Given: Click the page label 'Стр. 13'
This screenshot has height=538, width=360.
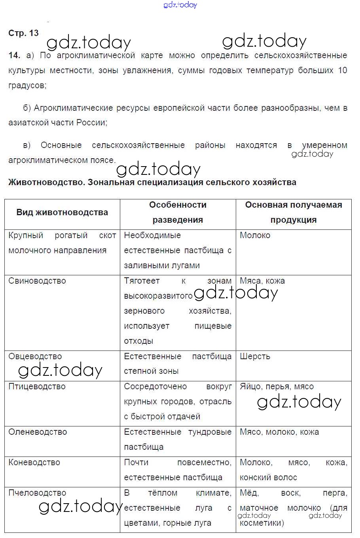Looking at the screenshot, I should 23,33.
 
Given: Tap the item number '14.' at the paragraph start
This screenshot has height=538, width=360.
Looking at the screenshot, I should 14,55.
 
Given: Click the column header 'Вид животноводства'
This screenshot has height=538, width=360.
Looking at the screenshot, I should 62,212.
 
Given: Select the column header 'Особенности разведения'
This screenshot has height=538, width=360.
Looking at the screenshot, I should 178,212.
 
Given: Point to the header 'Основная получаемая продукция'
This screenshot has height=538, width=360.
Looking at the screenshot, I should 294,212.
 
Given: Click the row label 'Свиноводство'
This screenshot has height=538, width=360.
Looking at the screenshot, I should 37,281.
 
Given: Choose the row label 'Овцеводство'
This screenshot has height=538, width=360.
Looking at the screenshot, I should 35,356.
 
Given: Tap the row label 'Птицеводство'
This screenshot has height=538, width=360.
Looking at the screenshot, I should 37,386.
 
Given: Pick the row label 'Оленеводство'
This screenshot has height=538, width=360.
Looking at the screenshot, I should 38,432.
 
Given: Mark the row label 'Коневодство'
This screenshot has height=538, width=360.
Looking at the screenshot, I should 34,462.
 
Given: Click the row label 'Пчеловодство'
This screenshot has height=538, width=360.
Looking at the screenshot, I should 37,493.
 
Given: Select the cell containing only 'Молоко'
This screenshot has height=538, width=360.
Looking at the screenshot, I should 255,235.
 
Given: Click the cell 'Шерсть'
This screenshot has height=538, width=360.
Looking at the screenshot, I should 255,356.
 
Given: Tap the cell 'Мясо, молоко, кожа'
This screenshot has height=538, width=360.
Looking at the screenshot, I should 279,432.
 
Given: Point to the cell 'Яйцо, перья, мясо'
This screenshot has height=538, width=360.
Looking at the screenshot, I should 277,386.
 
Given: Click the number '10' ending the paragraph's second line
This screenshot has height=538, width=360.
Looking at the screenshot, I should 343,70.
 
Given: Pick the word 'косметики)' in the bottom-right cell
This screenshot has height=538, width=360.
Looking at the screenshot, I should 262,523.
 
